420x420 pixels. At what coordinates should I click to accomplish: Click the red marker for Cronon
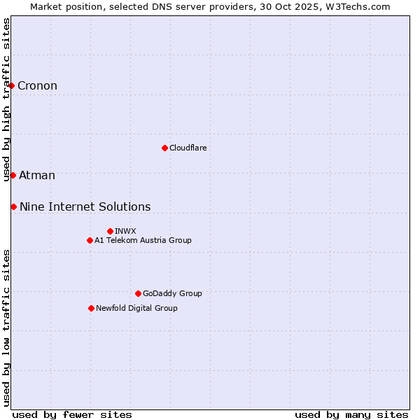12,85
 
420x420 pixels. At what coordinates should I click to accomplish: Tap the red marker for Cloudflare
164,148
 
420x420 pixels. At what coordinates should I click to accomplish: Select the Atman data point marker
13,175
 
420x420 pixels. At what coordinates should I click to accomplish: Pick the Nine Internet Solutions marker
13,206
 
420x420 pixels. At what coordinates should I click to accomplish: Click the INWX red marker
110,231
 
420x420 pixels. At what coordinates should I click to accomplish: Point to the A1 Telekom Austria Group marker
90,240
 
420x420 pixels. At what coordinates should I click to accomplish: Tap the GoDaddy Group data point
138,293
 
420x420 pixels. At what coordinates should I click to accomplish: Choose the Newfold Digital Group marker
91,308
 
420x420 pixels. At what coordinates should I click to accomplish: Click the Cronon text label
37,86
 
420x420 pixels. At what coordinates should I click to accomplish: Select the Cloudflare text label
188,148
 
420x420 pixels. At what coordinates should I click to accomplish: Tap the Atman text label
37,176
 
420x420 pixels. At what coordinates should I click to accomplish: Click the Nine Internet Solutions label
85,207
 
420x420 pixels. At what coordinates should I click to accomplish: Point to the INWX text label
125,231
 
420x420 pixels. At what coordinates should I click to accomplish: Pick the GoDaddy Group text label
172,293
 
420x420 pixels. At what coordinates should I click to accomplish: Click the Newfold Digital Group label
136,308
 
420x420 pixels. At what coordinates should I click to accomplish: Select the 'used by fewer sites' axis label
72,414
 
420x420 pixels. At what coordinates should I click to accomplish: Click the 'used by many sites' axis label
351,414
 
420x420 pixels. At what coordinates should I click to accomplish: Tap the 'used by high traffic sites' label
7,99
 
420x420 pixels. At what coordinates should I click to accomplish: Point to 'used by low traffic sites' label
7,328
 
